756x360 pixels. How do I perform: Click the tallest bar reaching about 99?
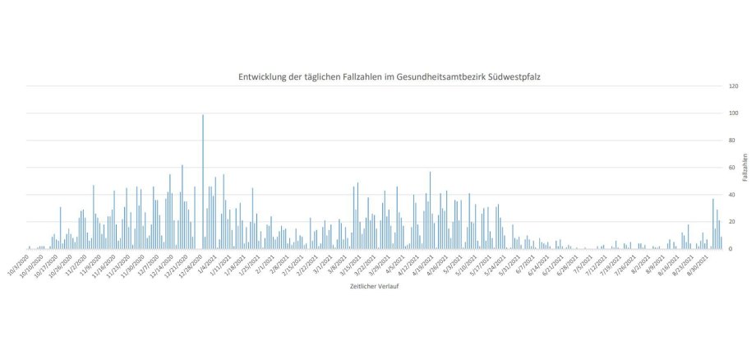point(203,182)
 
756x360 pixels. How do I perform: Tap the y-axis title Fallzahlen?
point(744,167)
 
